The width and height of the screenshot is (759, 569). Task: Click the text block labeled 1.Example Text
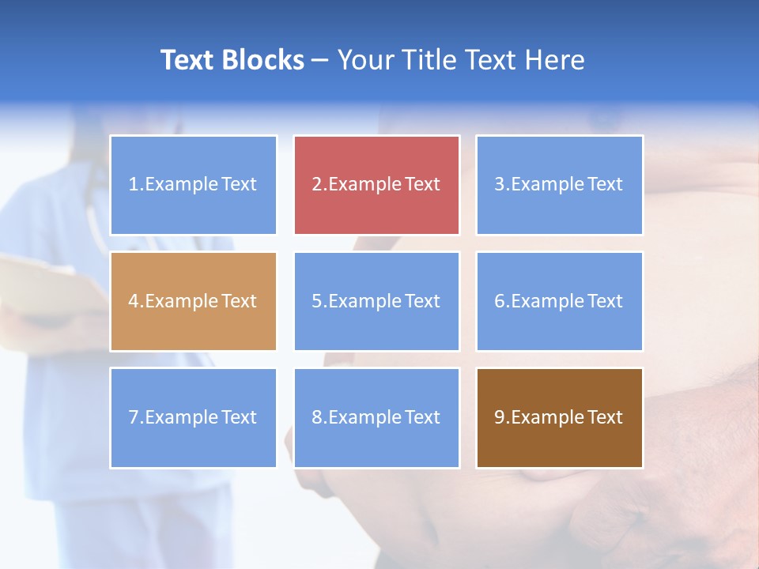193,185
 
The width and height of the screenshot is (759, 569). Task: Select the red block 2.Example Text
376,185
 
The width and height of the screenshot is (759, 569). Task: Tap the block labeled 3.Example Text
559,185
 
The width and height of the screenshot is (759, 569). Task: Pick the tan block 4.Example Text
193,301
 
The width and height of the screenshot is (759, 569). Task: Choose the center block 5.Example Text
376,301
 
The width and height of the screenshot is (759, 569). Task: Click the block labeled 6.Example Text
559,301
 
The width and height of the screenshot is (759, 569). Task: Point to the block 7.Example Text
193,417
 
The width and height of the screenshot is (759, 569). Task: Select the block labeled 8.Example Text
376,417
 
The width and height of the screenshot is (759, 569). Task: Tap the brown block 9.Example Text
559,417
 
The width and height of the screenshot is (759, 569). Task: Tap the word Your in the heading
364,60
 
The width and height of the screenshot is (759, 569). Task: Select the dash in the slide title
320,61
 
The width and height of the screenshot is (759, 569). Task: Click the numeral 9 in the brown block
500,417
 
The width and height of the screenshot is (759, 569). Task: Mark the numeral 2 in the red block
316,185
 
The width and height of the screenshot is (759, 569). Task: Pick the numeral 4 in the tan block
134,301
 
